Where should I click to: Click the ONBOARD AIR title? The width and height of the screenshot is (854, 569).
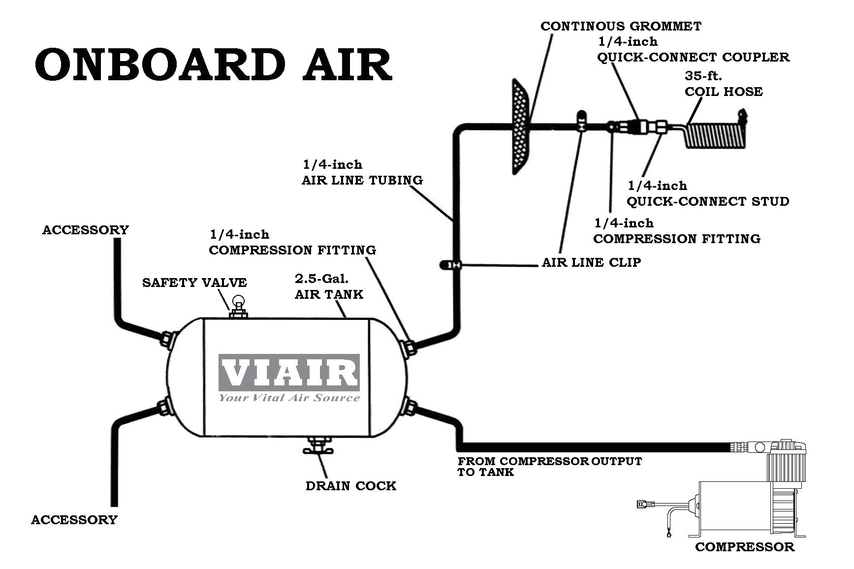coord(213,65)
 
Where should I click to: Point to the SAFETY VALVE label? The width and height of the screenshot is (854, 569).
coord(194,283)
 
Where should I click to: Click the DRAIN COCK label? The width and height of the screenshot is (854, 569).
coord(350,486)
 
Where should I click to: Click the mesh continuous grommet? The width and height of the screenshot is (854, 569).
coord(520,127)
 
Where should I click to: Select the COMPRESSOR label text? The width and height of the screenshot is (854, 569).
coord(744,547)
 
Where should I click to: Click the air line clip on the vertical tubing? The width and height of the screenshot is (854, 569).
coord(450,265)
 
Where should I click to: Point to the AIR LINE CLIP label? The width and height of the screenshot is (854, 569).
coord(591,262)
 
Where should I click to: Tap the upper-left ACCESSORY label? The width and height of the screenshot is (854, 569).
coord(85,230)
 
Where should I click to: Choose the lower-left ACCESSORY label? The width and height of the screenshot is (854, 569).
coord(74,520)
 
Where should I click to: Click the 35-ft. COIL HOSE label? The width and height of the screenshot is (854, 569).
coord(723,84)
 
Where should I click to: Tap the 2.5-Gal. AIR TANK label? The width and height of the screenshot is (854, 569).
coord(328,286)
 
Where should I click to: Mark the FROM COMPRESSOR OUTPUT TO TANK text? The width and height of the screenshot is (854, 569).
coord(549,467)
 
